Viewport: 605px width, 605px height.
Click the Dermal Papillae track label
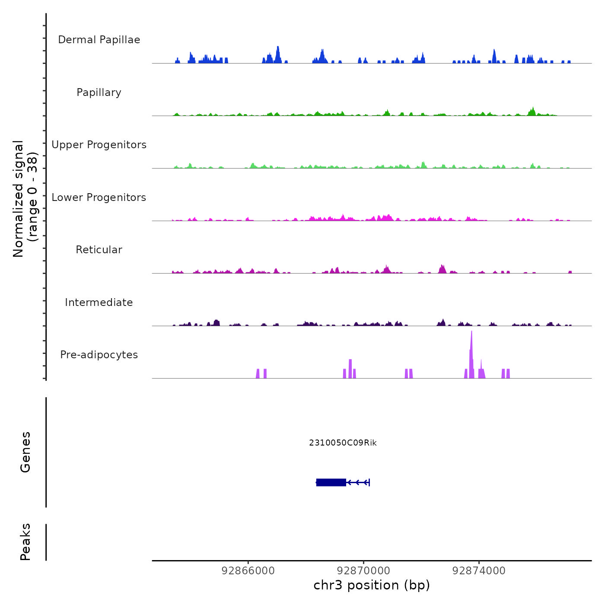tap(99, 40)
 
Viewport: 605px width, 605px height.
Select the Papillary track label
tap(99, 92)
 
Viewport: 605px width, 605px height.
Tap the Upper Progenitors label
tap(99, 145)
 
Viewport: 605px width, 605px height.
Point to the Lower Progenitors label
tap(99, 197)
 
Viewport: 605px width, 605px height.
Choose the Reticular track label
tap(99, 250)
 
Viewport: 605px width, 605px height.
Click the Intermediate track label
tap(99, 302)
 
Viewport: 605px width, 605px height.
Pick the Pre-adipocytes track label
tap(99, 355)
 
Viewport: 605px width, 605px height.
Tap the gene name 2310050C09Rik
tap(343, 443)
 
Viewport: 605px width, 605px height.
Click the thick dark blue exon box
tap(331, 482)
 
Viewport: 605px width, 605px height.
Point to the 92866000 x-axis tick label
tap(248, 571)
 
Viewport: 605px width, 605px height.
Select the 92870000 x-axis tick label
tap(363, 571)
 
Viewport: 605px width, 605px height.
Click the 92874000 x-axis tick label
tap(479, 571)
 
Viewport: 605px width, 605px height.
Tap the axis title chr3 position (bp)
tap(372, 585)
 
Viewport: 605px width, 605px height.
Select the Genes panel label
tap(25, 452)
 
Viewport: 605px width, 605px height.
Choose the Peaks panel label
tap(25, 542)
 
